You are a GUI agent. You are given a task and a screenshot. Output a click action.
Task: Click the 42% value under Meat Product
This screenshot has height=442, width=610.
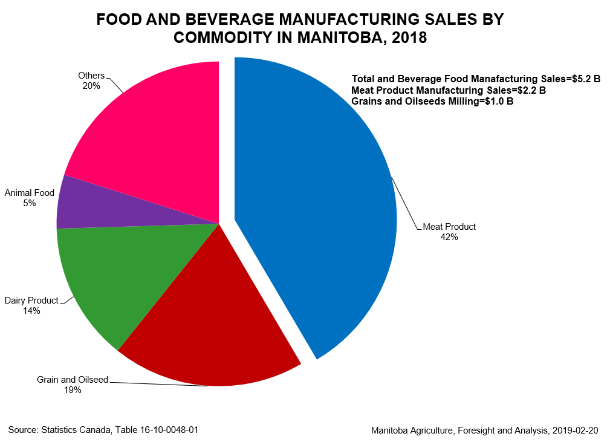coord(449,238)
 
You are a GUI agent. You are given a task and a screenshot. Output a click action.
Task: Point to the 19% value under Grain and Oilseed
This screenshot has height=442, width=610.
coord(73,390)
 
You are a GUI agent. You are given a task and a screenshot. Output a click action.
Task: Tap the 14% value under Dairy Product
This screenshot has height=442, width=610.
coord(31,311)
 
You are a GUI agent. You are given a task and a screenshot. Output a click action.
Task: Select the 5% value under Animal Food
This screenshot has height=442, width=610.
coord(30,204)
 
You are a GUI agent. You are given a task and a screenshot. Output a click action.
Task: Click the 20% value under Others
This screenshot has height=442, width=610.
coord(91,86)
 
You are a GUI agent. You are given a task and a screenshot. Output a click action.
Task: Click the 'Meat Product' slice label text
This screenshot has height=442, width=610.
coord(449,227)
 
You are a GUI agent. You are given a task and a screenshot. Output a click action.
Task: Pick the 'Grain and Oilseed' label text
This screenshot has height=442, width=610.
coord(73,380)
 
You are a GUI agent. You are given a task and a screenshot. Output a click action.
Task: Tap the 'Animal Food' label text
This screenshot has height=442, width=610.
coord(30,193)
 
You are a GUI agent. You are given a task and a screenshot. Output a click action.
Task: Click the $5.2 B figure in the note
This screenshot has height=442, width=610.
coord(582,79)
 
